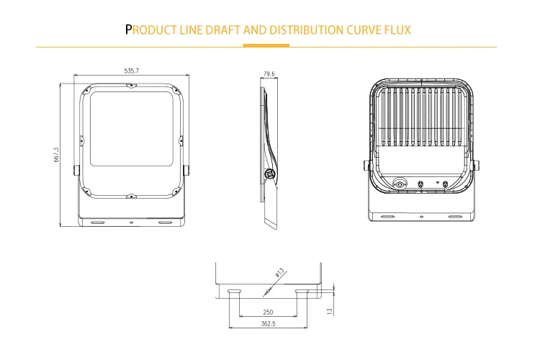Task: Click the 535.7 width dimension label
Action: pyautogui.click(x=131, y=71)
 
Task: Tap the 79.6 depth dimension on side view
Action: pyautogui.click(x=269, y=73)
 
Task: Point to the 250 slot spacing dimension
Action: pyautogui.click(x=268, y=312)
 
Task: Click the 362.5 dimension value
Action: pyautogui.click(x=268, y=325)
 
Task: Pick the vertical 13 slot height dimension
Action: pyautogui.click(x=330, y=311)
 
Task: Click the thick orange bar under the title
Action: pyautogui.click(x=266, y=45)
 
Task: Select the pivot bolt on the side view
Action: pyautogui.click(x=270, y=173)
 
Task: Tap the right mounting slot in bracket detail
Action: pyautogui.click(x=303, y=292)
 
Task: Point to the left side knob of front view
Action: pyautogui.click(x=76, y=170)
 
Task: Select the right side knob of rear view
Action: pyautogui.click(x=477, y=166)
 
